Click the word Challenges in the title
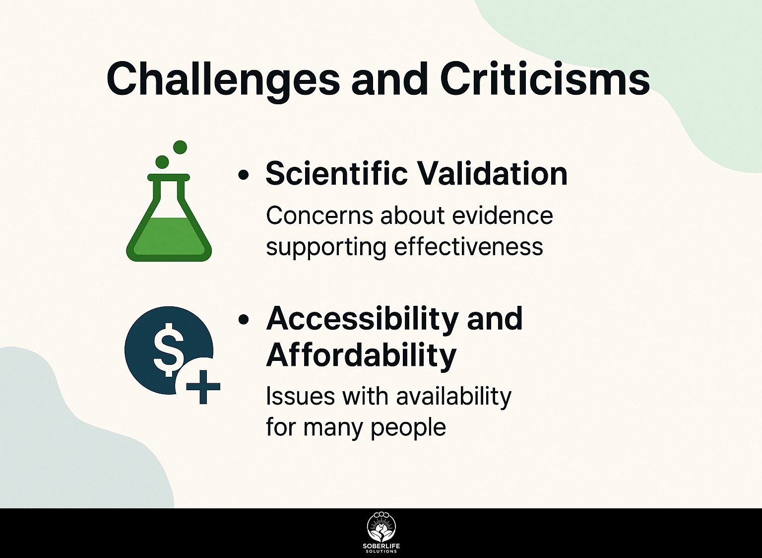(x=222, y=79)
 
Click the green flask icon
(x=169, y=217)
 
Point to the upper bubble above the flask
(x=180, y=147)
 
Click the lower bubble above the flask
(x=162, y=162)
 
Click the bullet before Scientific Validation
(x=243, y=175)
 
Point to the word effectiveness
(x=468, y=246)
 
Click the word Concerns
(x=319, y=216)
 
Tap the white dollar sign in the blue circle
(x=166, y=349)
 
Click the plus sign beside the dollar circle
(x=203, y=387)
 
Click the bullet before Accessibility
(x=243, y=320)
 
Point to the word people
(x=408, y=428)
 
